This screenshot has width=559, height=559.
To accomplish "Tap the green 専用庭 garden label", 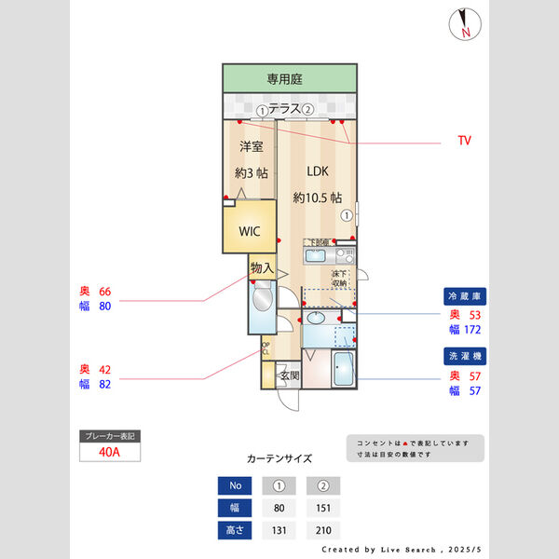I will coord(289,78).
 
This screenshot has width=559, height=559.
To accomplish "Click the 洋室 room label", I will coord(251,146).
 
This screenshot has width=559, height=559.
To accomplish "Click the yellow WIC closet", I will coord(249,229).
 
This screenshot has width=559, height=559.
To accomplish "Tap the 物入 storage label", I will coord(261,268).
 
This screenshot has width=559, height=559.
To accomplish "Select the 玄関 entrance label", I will coord(289,376).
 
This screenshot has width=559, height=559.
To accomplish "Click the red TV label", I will coord(463,141).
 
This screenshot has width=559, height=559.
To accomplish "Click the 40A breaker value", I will coord(110,452).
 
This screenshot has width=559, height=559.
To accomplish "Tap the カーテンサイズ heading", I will coord(279,458).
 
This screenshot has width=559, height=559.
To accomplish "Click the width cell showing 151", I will coord(323,508).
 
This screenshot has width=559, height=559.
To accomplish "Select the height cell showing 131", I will coord(279,530).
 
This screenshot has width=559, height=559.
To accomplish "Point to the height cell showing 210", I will coord(323,530).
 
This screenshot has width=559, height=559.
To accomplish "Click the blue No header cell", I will coord(235,485).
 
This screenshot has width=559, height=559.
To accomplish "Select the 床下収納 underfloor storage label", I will coord(339,278).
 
